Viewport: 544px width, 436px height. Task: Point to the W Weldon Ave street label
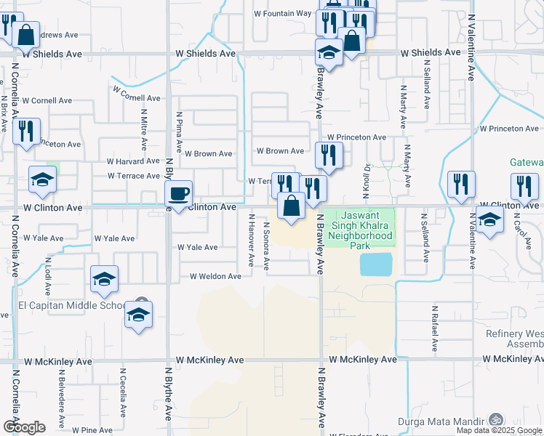[215, 276]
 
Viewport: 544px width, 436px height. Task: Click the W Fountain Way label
[282, 14]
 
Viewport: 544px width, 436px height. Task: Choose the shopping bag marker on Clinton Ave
[291, 206]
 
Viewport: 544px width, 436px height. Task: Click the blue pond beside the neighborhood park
[375, 264]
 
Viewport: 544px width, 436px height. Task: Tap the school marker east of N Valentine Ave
[490, 219]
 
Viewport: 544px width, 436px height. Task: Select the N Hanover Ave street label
[252, 241]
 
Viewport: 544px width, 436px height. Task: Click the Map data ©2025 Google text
[498, 430]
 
